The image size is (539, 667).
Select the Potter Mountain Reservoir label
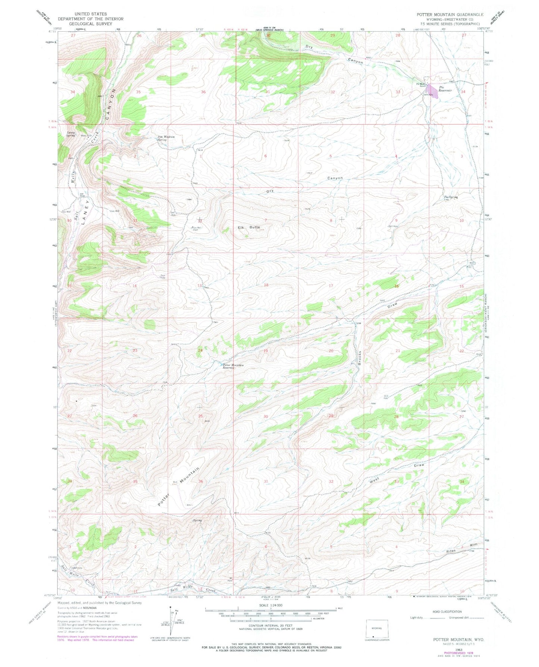point(233,366)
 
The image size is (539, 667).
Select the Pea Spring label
point(451,197)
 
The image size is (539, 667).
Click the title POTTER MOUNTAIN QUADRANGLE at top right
point(451,14)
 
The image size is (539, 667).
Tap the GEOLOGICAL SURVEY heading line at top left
point(90,23)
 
